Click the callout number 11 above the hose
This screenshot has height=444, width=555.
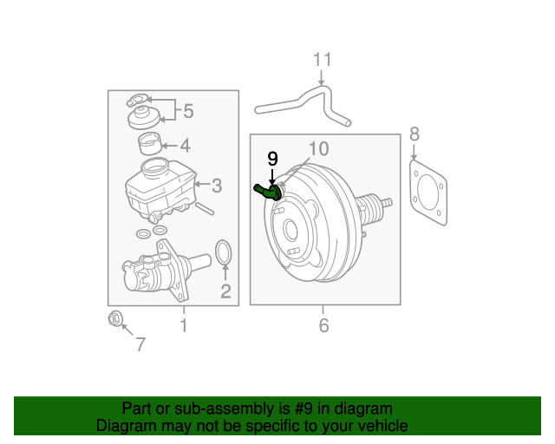click(x=323, y=60)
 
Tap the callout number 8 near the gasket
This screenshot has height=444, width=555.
click(x=415, y=134)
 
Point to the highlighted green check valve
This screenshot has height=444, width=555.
click(x=266, y=192)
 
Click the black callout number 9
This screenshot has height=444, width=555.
click(x=272, y=159)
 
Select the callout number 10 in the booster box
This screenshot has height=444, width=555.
click(x=318, y=149)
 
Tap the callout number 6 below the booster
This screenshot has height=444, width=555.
click(x=323, y=326)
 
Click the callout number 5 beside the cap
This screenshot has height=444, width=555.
click(x=187, y=111)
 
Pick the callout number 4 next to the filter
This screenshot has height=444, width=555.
click(x=185, y=146)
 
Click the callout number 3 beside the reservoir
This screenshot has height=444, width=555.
click(x=217, y=185)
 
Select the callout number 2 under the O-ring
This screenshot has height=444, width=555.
click(x=225, y=292)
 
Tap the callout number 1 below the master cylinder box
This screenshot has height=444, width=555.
click(x=183, y=326)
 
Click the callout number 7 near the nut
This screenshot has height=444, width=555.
click(x=140, y=344)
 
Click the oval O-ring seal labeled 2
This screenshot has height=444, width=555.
click(x=223, y=253)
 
